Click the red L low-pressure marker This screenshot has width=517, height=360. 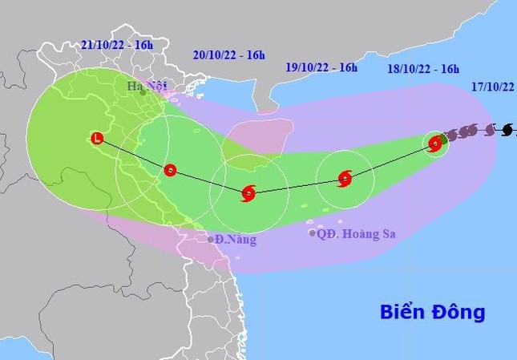point(97,139)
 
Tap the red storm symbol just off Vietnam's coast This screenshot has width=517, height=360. point(170,169)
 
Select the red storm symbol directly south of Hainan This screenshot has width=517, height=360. point(248,192)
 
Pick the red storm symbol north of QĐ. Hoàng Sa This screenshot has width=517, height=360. point(345,178)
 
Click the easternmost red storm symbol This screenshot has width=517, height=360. point(434,144)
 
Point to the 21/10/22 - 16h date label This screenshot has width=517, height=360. point(118,45)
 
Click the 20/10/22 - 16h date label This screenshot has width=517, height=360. point(229,55)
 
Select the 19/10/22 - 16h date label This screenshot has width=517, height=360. point(321,67)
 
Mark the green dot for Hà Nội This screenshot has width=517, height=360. point(143,93)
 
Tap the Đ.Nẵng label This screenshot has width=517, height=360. point(237,239)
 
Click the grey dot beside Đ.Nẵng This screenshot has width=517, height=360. point(211,239)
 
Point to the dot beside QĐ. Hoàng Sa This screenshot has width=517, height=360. point(313,233)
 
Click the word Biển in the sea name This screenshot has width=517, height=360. point(404,311)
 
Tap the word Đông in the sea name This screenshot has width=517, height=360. point(459,311)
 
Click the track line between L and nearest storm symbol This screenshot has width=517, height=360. point(133,154)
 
